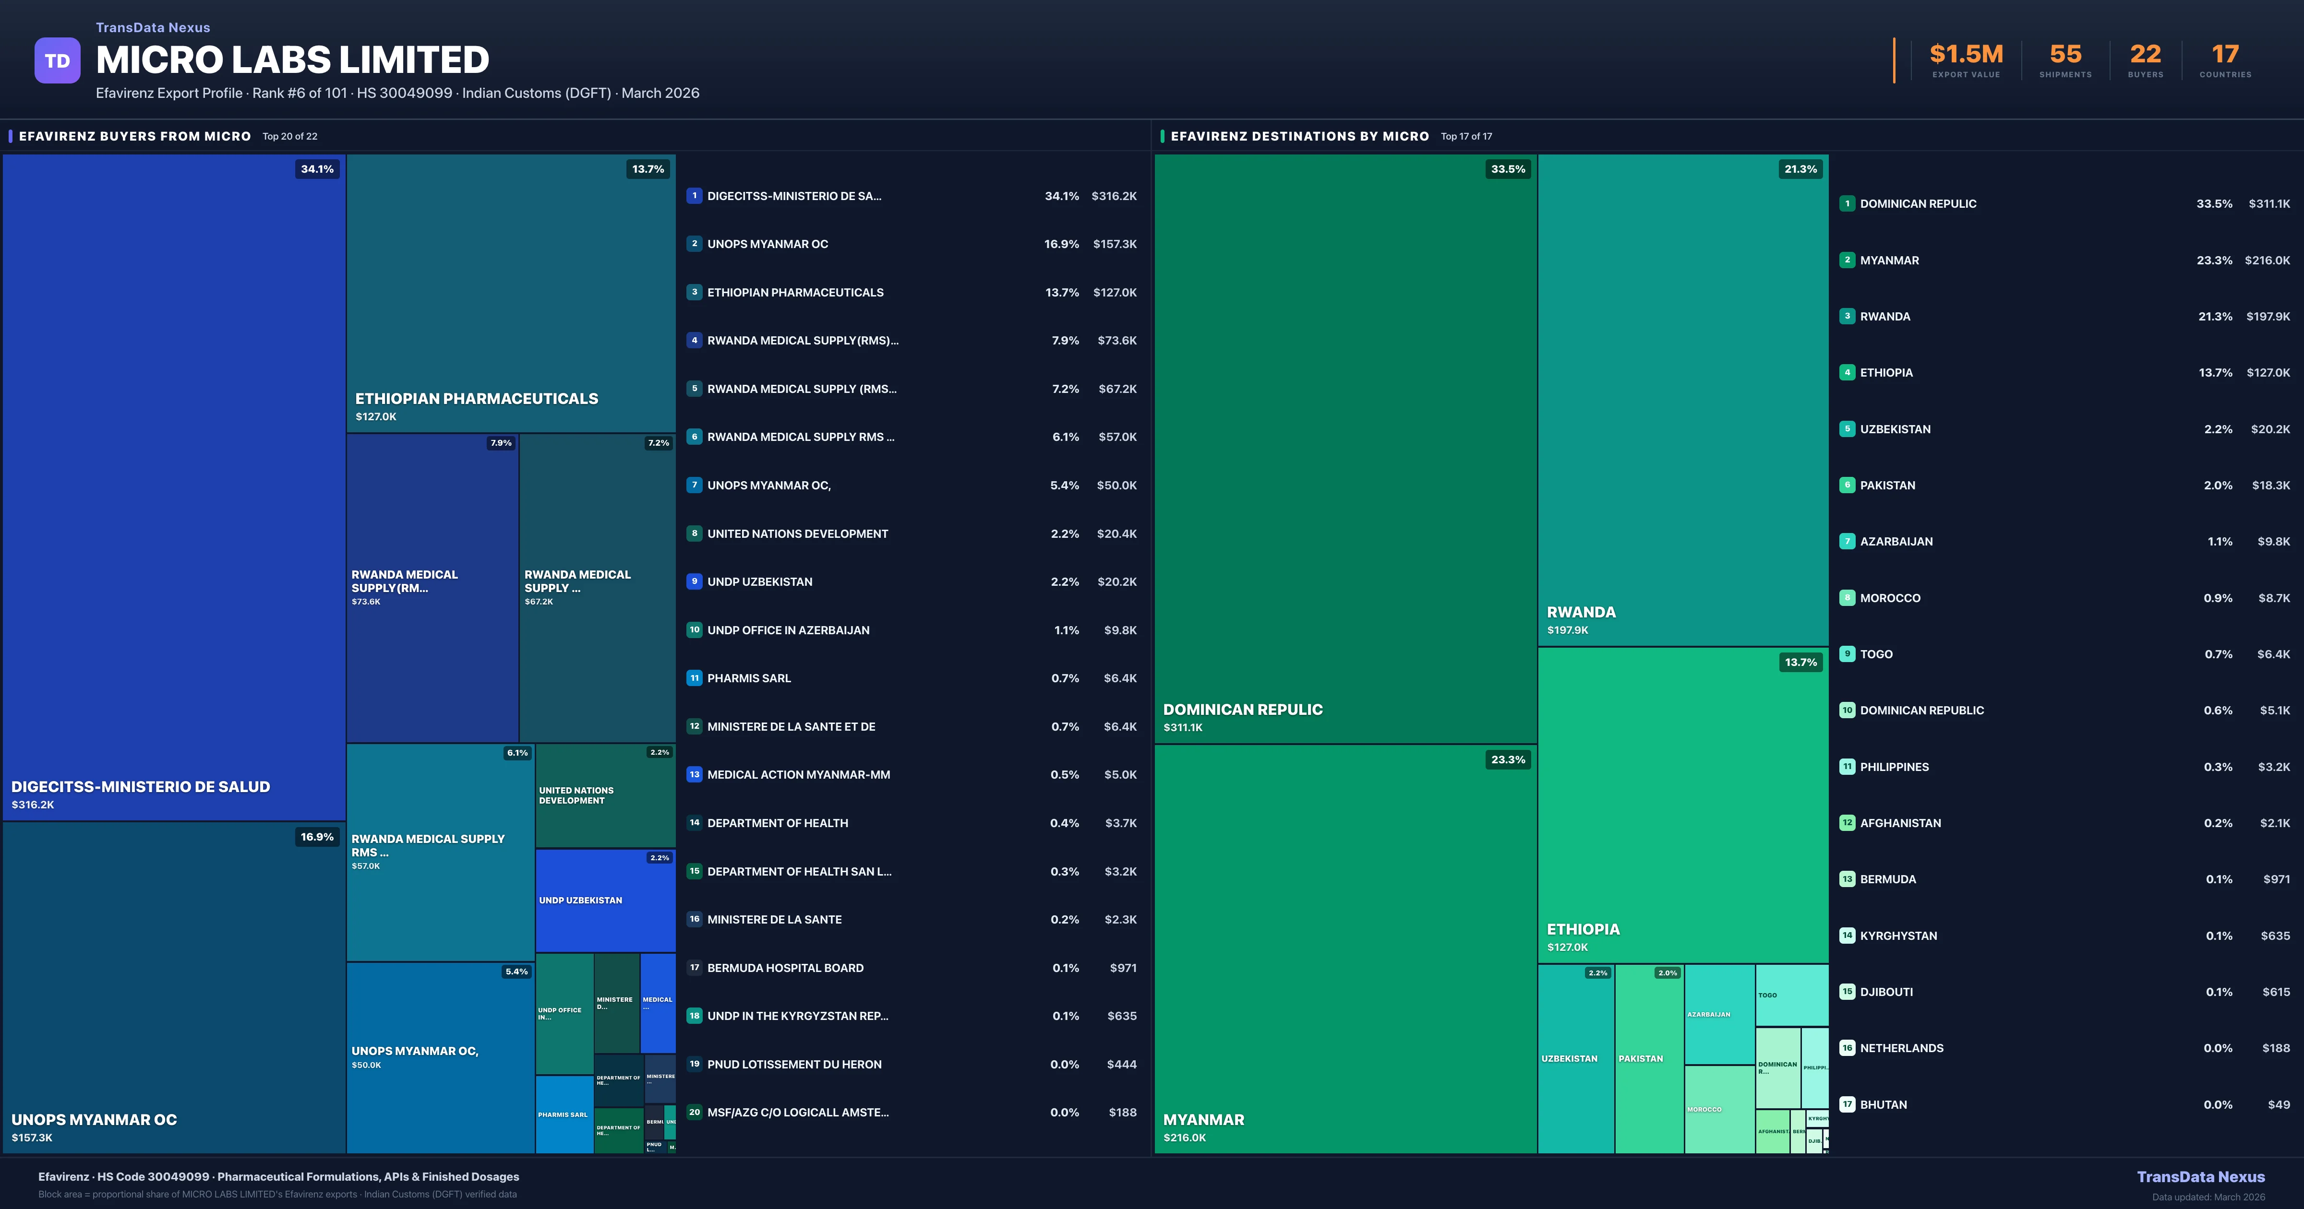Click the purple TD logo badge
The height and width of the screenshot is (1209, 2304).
point(57,61)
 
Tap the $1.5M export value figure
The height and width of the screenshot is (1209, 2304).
point(1966,55)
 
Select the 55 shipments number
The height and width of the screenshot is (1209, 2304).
point(2065,55)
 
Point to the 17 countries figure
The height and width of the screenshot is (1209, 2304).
point(2225,55)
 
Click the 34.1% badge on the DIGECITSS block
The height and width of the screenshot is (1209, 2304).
point(317,169)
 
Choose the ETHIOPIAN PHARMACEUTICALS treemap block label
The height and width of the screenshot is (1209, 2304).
point(477,399)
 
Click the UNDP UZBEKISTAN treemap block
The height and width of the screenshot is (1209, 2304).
point(605,901)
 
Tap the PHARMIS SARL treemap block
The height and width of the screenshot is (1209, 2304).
point(564,1114)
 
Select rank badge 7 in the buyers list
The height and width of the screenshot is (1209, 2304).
point(694,485)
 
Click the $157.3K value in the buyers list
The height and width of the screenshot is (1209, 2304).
point(1115,244)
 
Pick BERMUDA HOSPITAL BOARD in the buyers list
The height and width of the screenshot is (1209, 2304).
point(785,968)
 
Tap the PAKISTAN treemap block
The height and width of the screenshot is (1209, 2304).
point(1648,1059)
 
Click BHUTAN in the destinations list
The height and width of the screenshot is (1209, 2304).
point(1884,1104)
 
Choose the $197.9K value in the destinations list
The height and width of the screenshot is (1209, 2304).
point(2268,317)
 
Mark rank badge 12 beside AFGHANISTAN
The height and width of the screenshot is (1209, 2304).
point(1847,823)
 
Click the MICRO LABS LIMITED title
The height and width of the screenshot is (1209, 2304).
point(292,60)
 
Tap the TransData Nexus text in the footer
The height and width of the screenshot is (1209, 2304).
point(2200,1177)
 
